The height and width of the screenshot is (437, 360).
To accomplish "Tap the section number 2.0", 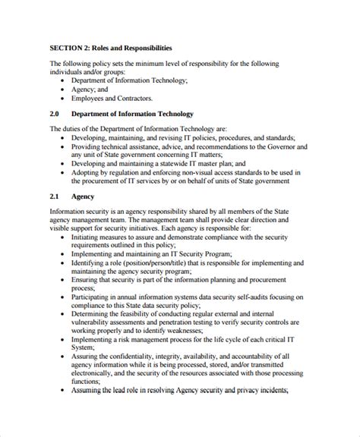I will click(55, 114).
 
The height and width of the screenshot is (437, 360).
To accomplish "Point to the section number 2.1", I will click(55, 196).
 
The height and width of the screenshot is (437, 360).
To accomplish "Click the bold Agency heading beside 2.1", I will click(84, 196).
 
